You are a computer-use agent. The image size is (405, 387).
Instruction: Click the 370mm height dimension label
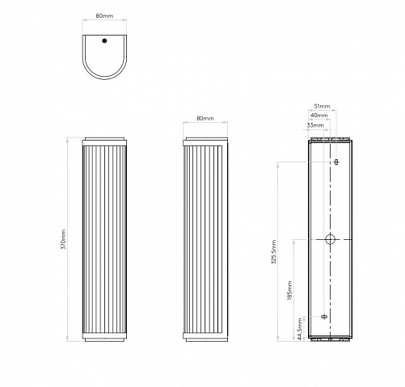pyautogui.click(x=64, y=239)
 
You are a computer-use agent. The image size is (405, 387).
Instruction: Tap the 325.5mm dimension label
pyautogui.click(x=274, y=252)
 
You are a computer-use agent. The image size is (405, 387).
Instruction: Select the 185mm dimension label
pyautogui.click(x=289, y=290)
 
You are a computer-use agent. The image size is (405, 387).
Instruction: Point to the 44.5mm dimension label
pyautogui.click(x=300, y=329)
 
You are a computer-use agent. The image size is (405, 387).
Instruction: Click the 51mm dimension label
pyautogui.click(x=322, y=106)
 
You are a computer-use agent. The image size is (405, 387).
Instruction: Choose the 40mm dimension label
pyautogui.click(x=319, y=116)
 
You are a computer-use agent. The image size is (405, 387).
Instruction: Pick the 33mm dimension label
pyautogui.click(x=315, y=125)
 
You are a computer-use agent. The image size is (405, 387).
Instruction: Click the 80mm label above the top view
pyautogui.click(x=104, y=15)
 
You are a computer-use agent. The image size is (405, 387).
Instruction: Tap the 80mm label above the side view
pyautogui.click(x=205, y=118)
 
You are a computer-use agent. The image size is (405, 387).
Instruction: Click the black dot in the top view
pyautogui.click(x=104, y=40)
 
